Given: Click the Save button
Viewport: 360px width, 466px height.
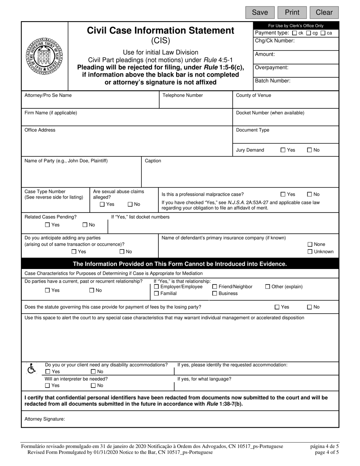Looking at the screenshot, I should [260, 13].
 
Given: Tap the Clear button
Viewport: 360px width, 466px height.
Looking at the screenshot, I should [324, 13].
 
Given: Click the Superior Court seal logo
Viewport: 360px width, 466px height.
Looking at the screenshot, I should [45, 56].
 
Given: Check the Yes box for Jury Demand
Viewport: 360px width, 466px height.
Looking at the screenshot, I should [283, 150].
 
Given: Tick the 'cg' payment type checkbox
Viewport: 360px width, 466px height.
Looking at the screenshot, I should [308, 33].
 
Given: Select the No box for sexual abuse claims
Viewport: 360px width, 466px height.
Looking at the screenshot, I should [130, 204].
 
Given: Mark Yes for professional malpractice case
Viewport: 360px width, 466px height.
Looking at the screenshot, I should [283, 194].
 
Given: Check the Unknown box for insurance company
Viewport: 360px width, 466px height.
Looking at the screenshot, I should [310, 252].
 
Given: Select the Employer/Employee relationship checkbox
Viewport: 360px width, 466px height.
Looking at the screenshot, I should [157, 287].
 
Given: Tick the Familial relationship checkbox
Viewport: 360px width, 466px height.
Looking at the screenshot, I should [157, 294].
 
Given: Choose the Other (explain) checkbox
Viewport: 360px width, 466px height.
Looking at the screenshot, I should [268, 287].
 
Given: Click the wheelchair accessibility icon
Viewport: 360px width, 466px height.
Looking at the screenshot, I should [32, 368].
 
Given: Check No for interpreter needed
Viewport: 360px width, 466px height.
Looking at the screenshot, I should [93, 386].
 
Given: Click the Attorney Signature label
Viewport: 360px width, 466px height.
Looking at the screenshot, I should [45, 419].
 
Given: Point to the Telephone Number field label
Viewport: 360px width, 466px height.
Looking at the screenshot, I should [183, 95].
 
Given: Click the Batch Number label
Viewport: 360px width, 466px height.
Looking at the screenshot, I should [272, 81].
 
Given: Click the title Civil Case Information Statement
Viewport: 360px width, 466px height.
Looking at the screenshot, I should [160, 31].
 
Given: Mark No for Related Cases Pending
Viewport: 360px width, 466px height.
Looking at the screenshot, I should [85, 225].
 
